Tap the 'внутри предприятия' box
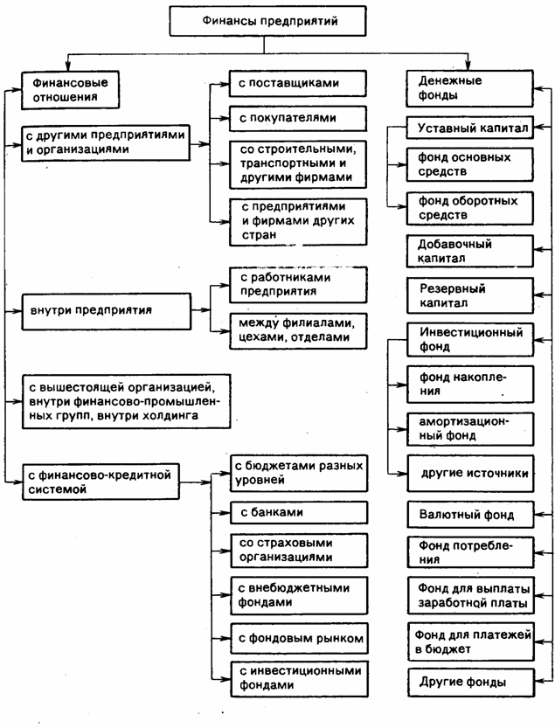103,309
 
